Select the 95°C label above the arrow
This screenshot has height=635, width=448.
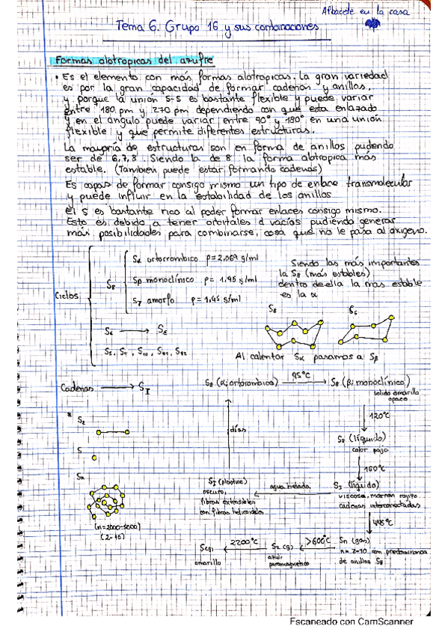tap(301, 374)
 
